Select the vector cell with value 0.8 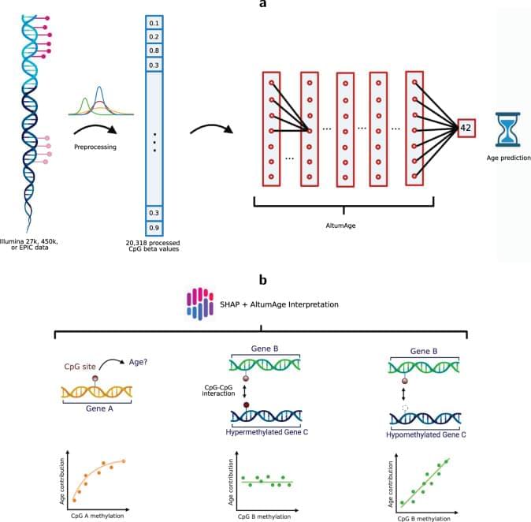pos(154,50)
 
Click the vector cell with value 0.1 pos(154,23)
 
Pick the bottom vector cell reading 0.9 pos(154,227)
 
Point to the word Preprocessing pos(95,146)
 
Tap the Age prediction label pos(508,158)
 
